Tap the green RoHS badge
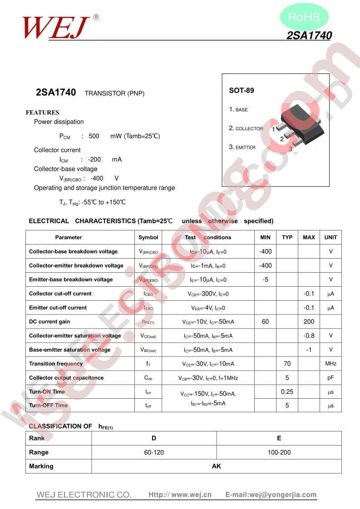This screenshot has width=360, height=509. [x=304, y=17]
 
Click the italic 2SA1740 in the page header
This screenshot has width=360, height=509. [x=309, y=35]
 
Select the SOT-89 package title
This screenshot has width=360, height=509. [x=242, y=90]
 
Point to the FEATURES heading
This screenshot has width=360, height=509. [x=42, y=113]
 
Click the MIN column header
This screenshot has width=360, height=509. [x=265, y=237]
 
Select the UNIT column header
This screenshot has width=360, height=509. [x=330, y=237]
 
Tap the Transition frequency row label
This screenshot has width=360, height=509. [x=56, y=363]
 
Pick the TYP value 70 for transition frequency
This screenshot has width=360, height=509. [x=287, y=363]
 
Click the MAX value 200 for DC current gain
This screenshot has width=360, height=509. [x=309, y=321]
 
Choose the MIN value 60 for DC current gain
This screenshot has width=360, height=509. [x=265, y=321]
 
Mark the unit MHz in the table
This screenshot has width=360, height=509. [x=330, y=363]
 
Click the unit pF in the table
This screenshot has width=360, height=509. [x=330, y=377]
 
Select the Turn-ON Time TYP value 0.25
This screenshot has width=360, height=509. [x=287, y=392]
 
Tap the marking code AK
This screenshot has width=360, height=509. [x=216, y=466]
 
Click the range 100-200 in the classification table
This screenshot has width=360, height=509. [x=279, y=452]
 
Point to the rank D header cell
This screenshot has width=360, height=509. [x=154, y=438]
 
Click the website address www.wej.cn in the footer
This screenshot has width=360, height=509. [x=191, y=494]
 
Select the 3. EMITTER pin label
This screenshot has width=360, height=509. [x=242, y=147]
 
